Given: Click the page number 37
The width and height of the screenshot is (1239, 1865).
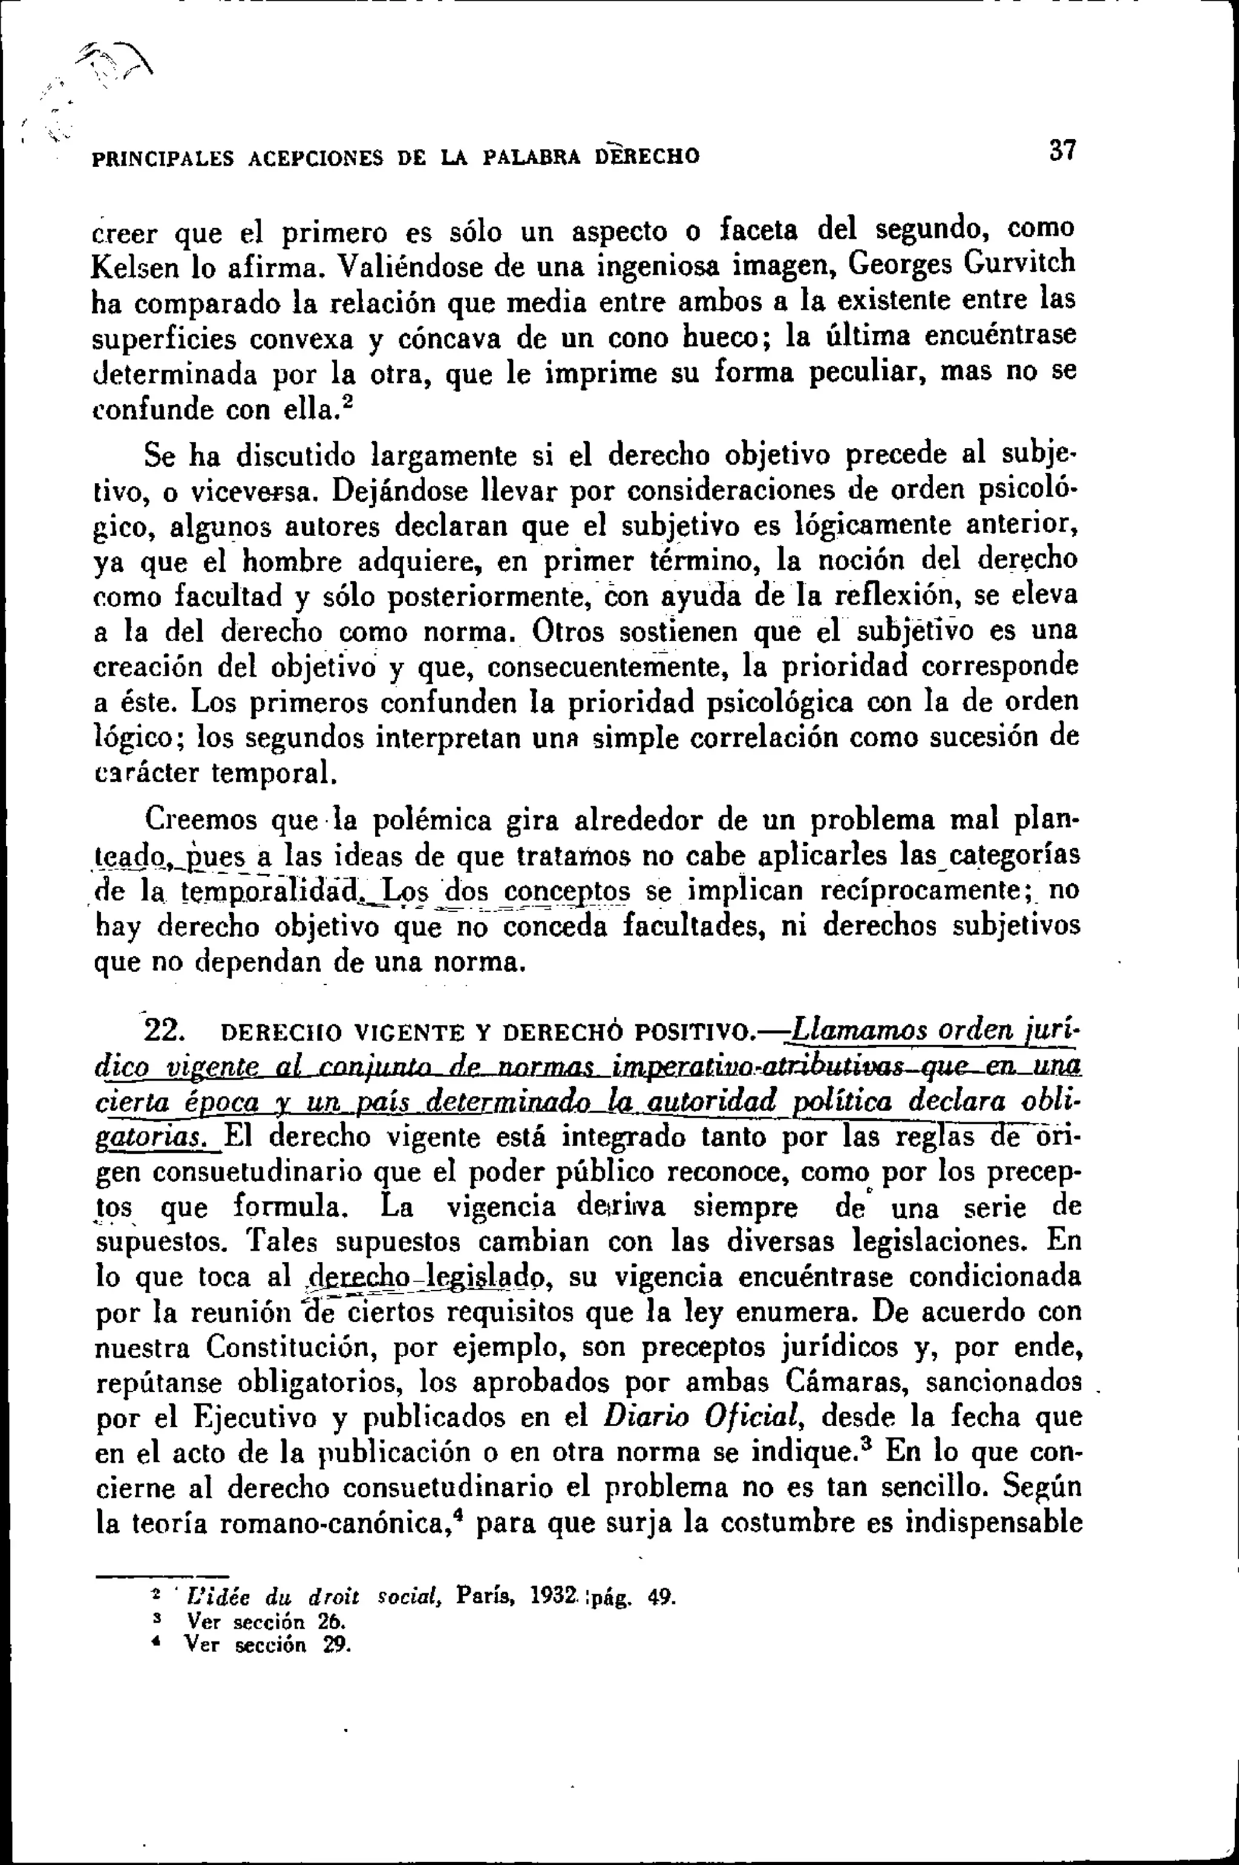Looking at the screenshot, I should click(1063, 150).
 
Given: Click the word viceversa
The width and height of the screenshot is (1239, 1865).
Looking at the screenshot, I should click(250, 493).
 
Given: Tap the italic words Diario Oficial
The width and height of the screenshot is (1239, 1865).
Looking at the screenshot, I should click(703, 1416).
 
